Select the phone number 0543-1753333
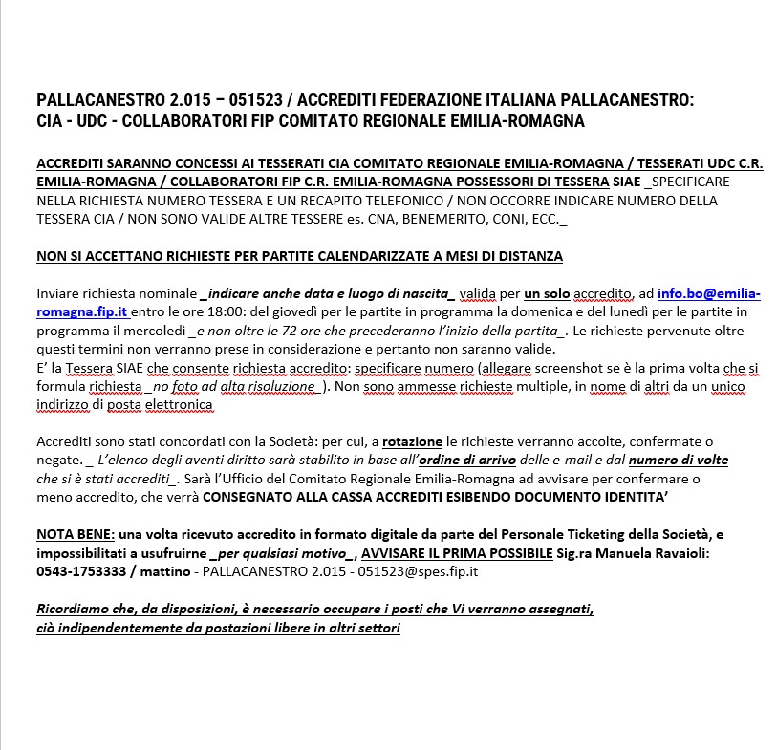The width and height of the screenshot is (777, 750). point(82,572)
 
